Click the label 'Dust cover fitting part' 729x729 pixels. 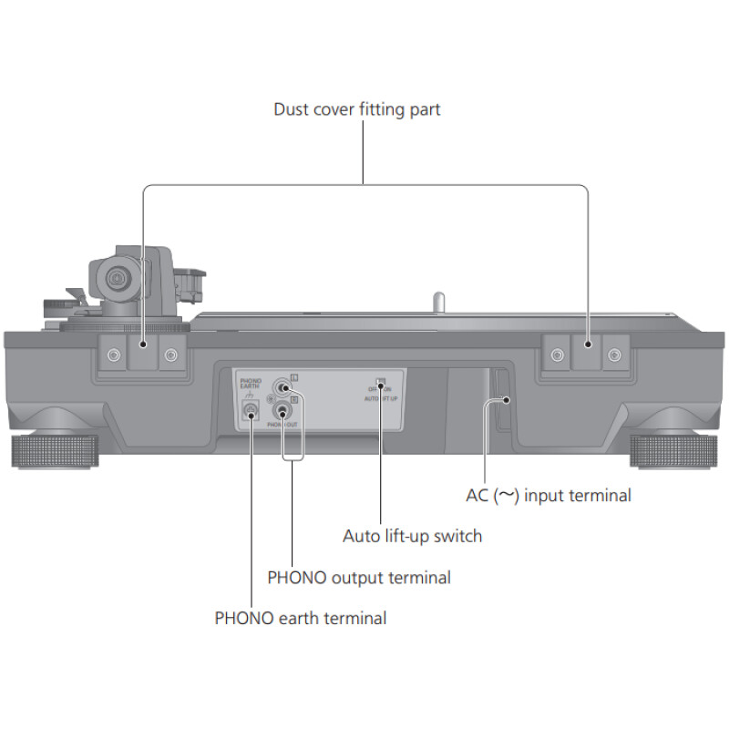(x=357, y=109)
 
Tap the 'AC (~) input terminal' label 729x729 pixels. (x=548, y=496)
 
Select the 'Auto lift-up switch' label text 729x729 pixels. (x=412, y=536)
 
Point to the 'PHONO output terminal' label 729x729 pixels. (x=359, y=577)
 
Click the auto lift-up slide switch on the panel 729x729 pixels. (x=381, y=383)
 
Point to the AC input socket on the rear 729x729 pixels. (x=501, y=397)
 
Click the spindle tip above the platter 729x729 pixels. (x=438, y=299)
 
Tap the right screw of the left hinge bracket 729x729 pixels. (x=170, y=354)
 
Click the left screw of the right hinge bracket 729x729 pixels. (x=556, y=354)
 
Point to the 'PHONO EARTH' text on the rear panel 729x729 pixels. (x=251, y=382)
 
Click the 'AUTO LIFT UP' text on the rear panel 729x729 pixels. (x=380, y=399)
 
